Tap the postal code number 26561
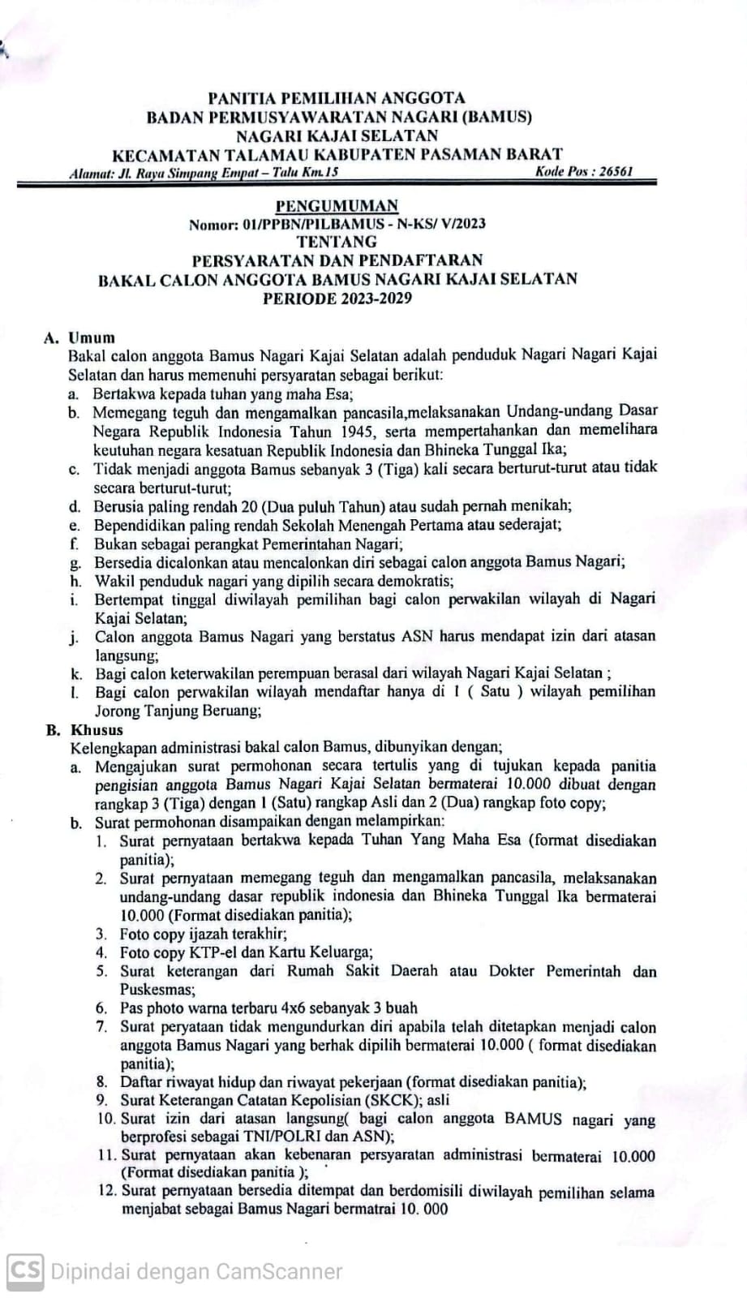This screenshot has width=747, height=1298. pos(614,171)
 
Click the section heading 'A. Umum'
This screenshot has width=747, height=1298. pos(79,337)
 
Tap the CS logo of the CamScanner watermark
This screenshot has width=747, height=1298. pos(25,1270)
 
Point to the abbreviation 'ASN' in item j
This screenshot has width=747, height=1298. pos(418,637)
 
